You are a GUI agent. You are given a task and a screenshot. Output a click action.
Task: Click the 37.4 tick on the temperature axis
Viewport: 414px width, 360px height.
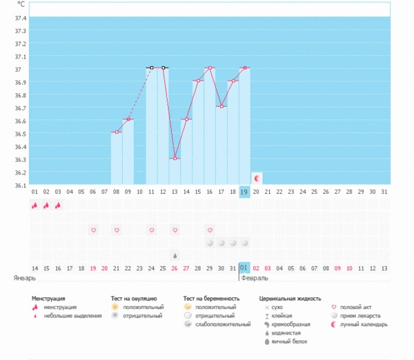pyautogui.click(x=19, y=17)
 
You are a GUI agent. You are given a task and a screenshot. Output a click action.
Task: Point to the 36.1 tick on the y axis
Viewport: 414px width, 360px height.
pyautogui.click(x=19, y=186)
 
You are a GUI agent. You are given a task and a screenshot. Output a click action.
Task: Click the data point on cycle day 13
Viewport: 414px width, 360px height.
pyautogui.click(x=175, y=159)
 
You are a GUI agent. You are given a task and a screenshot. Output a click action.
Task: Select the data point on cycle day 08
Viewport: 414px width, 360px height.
pyautogui.click(x=116, y=132)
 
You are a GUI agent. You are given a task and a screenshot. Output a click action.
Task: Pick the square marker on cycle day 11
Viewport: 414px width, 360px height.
pyautogui.click(x=151, y=68)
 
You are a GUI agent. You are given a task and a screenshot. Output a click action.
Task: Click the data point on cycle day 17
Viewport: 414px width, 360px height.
pyautogui.click(x=221, y=106)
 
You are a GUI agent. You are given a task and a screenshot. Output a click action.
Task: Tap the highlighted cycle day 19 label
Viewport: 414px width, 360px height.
pyautogui.click(x=244, y=191)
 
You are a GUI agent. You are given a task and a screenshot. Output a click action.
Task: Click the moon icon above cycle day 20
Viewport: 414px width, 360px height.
pyautogui.click(x=257, y=178)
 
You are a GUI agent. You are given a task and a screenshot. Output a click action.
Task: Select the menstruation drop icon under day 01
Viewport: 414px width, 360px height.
pyautogui.click(x=34, y=205)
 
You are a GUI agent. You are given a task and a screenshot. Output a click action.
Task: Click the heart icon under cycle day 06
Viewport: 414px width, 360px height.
pyautogui.click(x=92, y=229)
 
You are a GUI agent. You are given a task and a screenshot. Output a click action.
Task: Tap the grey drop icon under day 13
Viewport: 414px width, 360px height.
pyautogui.click(x=175, y=254)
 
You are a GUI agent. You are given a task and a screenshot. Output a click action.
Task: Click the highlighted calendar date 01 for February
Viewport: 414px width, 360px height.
pyautogui.click(x=244, y=268)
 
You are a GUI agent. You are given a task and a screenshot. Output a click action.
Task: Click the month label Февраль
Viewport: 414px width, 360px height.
pyautogui.click(x=255, y=278)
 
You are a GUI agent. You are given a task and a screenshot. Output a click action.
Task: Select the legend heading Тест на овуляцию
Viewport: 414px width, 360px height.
pyautogui.click(x=137, y=299)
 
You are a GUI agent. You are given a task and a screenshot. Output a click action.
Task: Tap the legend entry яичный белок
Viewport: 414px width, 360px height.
pyautogui.click(x=288, y=341)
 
